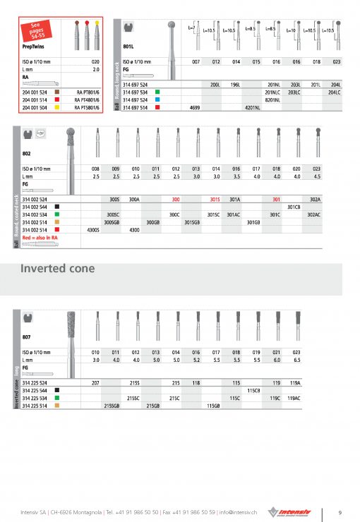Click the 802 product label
27,152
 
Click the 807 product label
27,337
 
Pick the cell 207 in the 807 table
95,382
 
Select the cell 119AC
314,398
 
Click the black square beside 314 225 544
55,390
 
